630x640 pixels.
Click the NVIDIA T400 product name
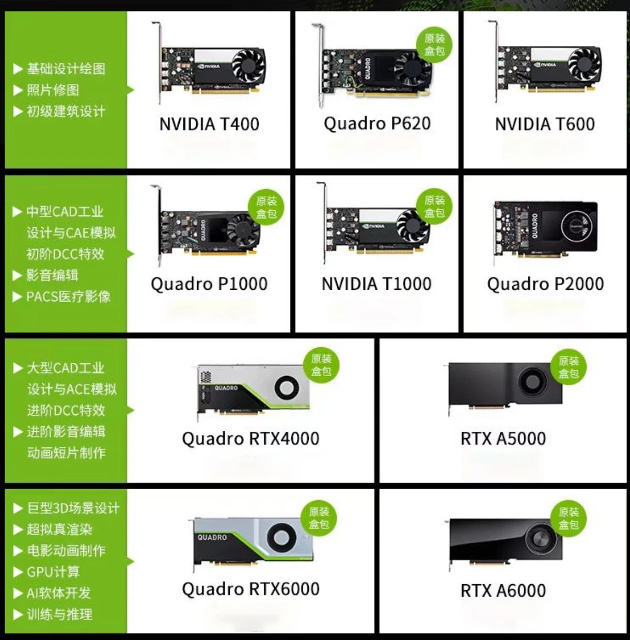209,124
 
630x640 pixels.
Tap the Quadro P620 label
377,124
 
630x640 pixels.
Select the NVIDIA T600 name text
545,124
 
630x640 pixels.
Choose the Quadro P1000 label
209,284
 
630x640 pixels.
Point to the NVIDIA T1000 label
376,284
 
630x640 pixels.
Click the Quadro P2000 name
545,284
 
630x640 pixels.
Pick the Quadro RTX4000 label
251,439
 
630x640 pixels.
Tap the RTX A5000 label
503,439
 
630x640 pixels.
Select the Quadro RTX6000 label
251,589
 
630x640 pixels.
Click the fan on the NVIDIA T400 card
249,66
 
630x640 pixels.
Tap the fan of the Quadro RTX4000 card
287,387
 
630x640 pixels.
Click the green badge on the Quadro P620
434,45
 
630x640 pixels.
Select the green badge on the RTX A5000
569,367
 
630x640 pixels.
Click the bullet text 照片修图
53,90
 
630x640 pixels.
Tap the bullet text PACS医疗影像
68,296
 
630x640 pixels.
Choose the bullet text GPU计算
53,572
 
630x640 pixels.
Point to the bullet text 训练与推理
59,614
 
